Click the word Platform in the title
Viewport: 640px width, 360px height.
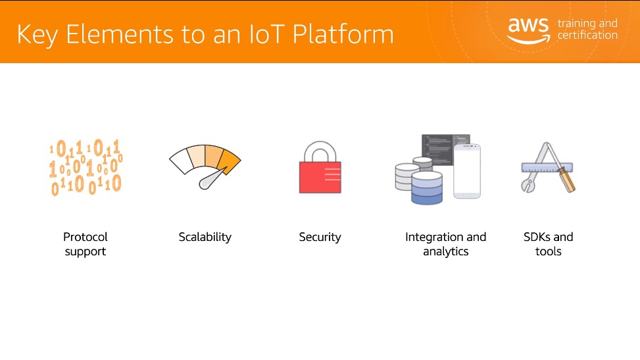click(343, 34)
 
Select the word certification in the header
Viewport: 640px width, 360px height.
click(587, 35)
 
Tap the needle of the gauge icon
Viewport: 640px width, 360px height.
click(212, 179)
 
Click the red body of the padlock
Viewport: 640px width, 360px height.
click(320, 177)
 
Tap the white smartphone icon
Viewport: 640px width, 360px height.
click(467, 171)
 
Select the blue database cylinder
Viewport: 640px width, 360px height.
click(427, 188)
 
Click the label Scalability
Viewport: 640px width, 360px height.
click(205, 237)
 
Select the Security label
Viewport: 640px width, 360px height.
click(320, 237)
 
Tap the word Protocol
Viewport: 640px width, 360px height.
click(86, 237)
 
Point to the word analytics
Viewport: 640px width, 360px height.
click(446, 251)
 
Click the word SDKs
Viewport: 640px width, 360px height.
click(536, 237)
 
